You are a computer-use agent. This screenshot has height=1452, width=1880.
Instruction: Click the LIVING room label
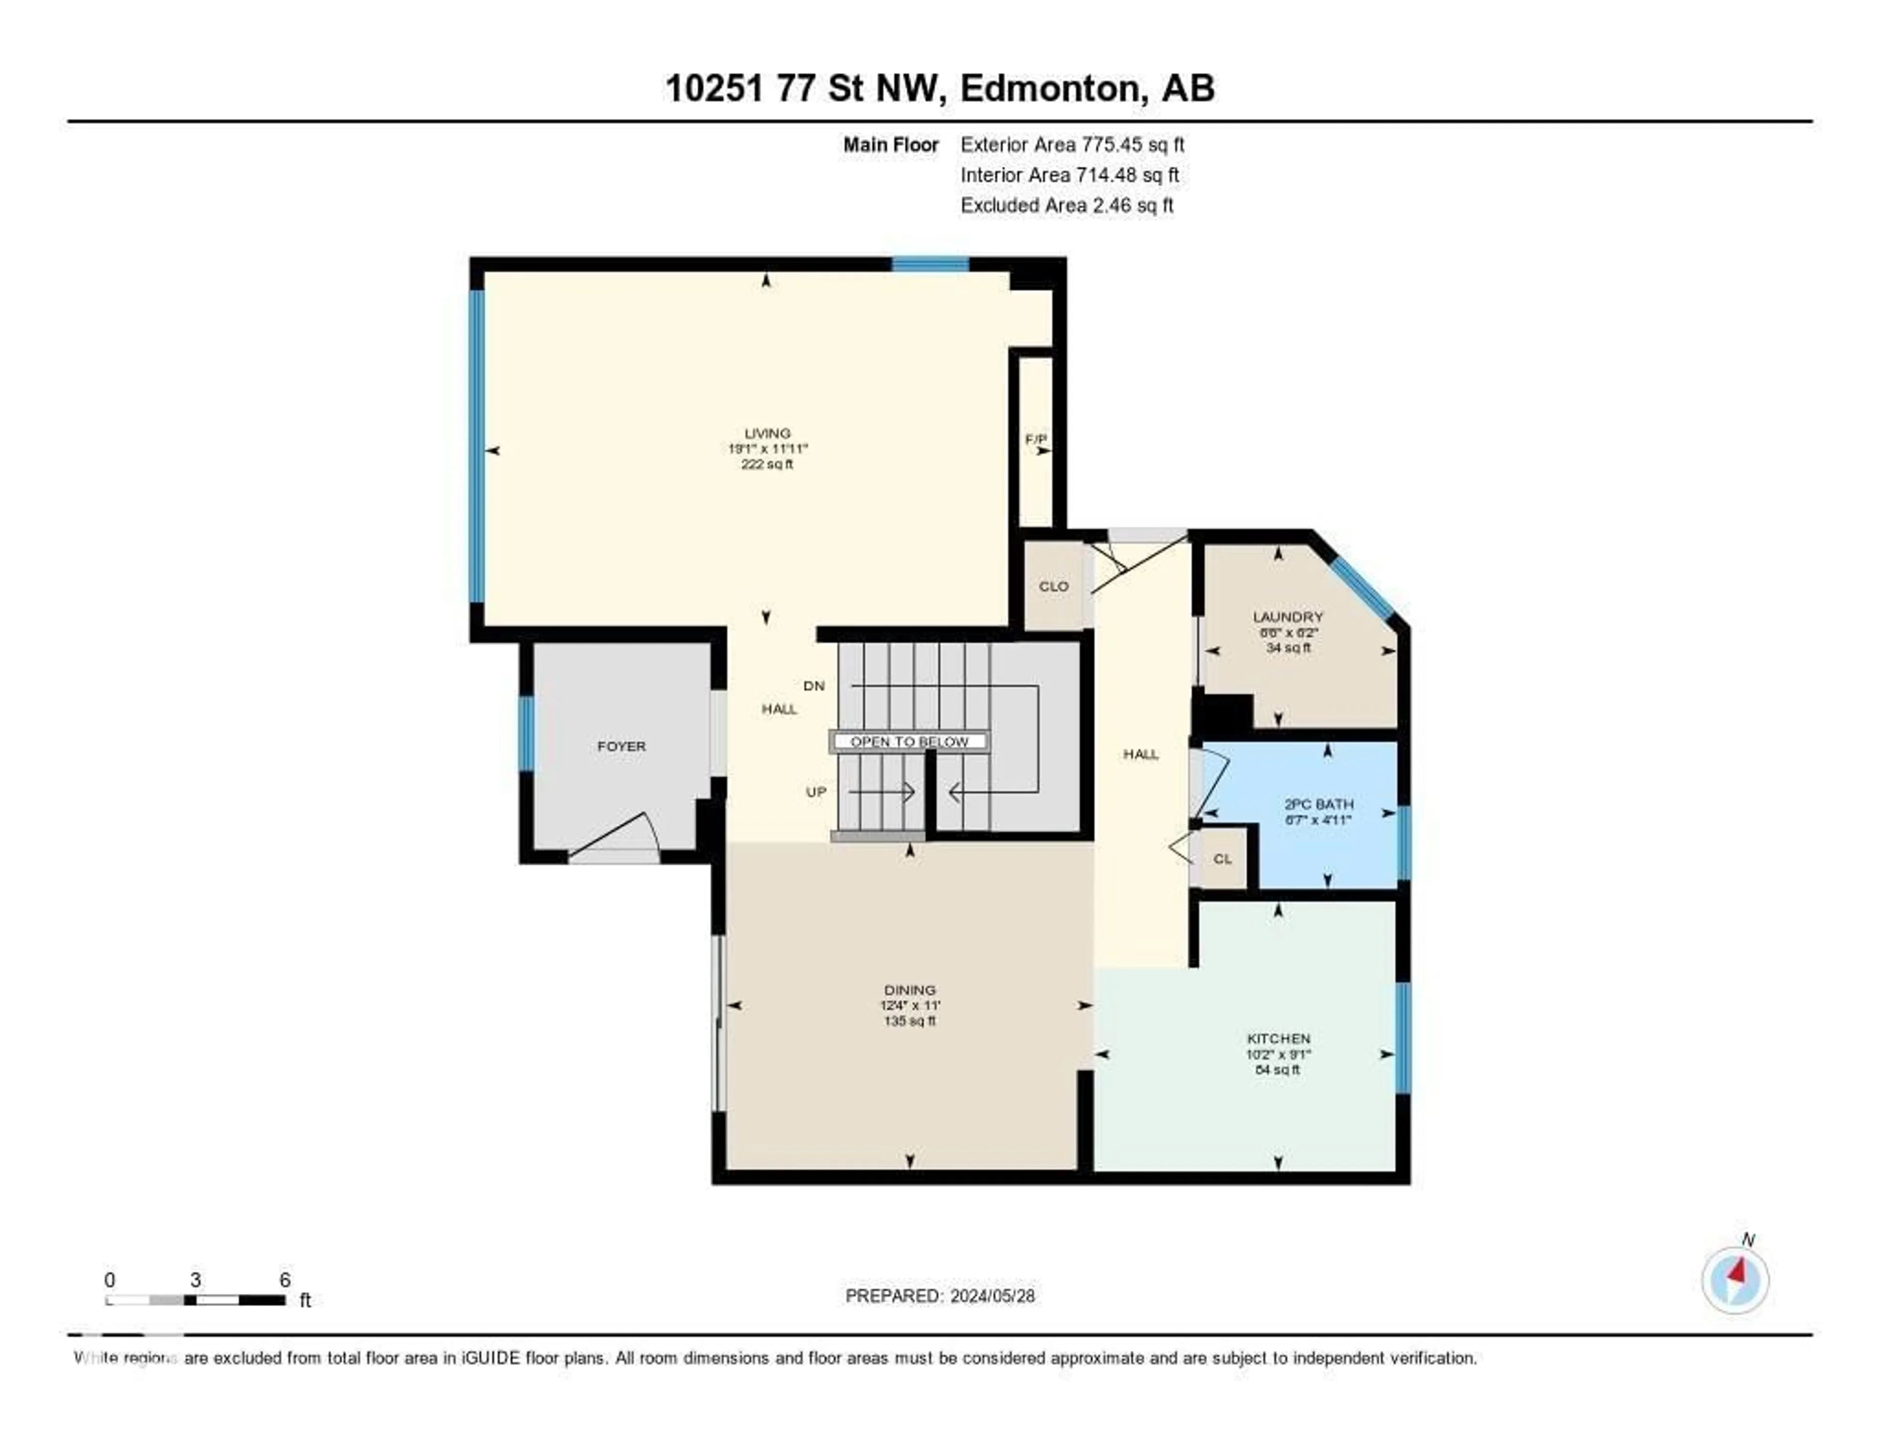(x=767, y=433)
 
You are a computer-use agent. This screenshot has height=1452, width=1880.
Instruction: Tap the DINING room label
(x=909, y=990)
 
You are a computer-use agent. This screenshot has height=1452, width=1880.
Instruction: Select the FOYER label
(x=621, y=746)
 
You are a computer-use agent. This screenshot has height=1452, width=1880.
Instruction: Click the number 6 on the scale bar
(x=285, y=1280)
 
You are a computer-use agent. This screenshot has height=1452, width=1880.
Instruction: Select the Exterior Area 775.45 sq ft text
(x=1072, y=144)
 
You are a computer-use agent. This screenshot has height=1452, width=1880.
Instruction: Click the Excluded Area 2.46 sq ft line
(x=1066, y=205)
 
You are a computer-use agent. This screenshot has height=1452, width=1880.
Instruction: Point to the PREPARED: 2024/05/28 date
(x=939, y=1295)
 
